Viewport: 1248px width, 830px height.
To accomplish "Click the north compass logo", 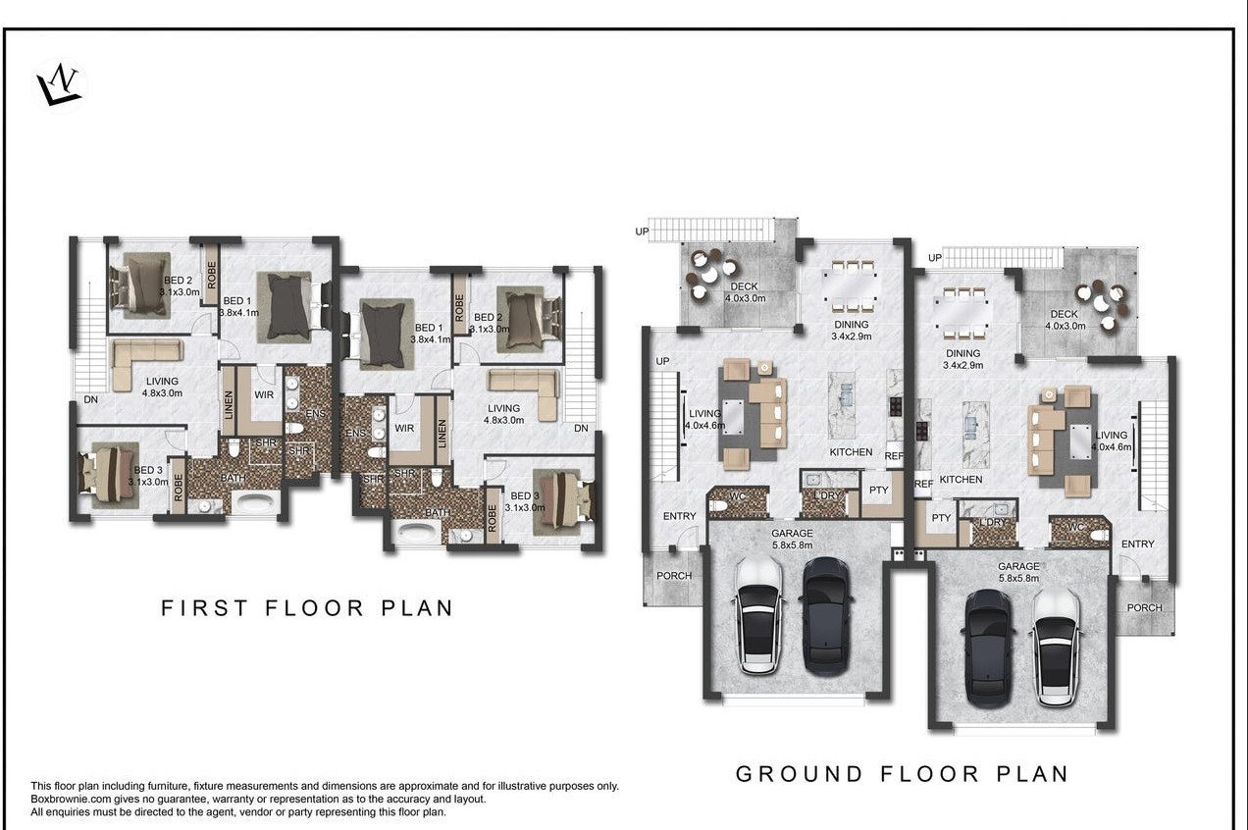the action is (x=59, y=85).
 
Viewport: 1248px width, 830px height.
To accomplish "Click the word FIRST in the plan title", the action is (x=204, y=608).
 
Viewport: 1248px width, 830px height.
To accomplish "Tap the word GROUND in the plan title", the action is (x=799, y=774).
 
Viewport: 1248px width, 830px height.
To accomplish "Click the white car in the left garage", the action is (x=758, y=615).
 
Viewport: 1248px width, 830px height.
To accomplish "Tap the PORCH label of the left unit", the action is (x=674, y=576).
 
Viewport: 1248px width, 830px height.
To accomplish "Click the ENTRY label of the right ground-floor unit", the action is (x=1138, y=544).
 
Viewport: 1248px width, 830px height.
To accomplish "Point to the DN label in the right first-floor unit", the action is (x=581, y=428).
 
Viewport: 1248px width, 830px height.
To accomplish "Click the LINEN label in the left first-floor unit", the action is (x=229, y=405).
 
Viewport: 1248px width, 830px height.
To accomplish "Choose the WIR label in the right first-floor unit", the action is (x=404, y=429).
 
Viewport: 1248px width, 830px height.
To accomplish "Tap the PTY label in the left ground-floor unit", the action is (x=879, y=491).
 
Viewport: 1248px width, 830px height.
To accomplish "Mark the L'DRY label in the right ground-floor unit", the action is (x=993, y=523).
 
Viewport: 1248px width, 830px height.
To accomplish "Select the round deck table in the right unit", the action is (x=1101, y=303).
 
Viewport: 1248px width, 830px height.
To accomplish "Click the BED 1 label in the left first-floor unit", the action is (x=236, y=301).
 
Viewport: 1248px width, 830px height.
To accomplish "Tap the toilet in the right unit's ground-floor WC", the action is (x=1099, y=536).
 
